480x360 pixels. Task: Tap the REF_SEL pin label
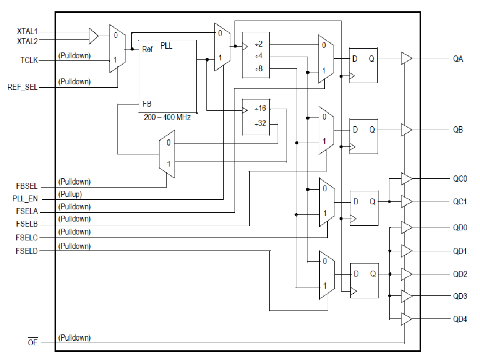[23, 88]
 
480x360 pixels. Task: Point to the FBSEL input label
[27, 187]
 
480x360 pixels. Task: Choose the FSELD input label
[27, 251]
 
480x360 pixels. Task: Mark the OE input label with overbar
[33, 342]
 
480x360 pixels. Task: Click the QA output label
[458, 59]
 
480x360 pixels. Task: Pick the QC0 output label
[460, 178]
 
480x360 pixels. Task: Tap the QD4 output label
[460, 319]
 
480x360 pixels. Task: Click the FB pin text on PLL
[147, 104]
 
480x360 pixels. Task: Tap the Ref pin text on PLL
[148, 49]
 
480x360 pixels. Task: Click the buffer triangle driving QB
[406, 130]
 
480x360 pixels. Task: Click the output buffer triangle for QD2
[406, 274]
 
